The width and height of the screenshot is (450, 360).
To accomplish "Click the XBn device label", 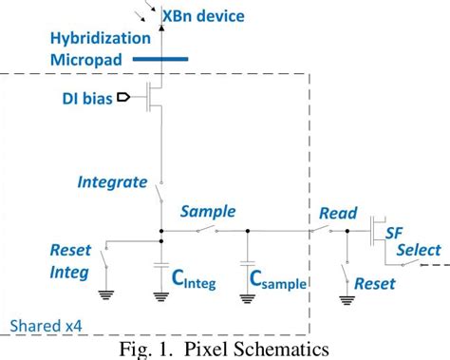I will (205, 16).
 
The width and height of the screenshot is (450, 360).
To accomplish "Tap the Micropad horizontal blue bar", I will (160, 61).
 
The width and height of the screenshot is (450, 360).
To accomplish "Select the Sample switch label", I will (207, 211).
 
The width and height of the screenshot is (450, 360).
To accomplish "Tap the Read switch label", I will (337, 213).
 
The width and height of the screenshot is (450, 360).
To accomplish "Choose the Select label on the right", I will (418, 250).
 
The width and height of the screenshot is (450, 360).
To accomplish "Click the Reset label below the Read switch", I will (374, 283).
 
